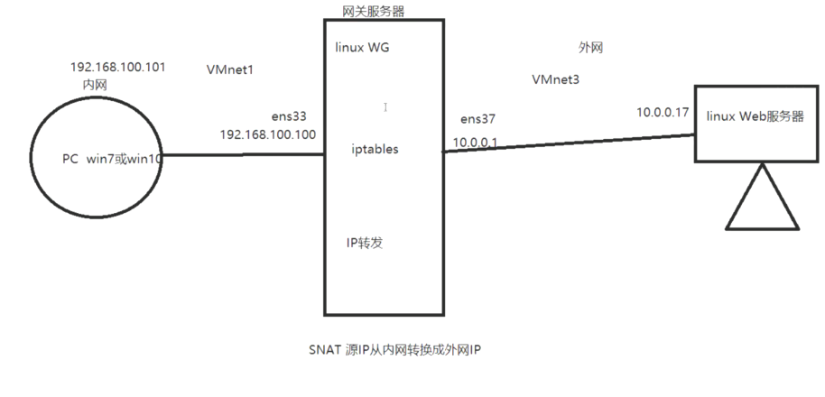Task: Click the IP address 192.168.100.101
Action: click(x=117, y=68)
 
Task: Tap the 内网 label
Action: click(x=95, y=83)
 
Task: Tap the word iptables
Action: click(x=375, y=149)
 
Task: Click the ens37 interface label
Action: click(x=477, y=119)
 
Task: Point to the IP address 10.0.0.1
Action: click(x=474, y=143)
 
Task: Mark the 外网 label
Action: click(x=590, y=48)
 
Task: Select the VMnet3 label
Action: click(x=556, y=79)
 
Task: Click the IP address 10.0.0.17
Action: click(x=663, y=113)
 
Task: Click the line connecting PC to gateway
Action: click(x=242, y=153)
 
